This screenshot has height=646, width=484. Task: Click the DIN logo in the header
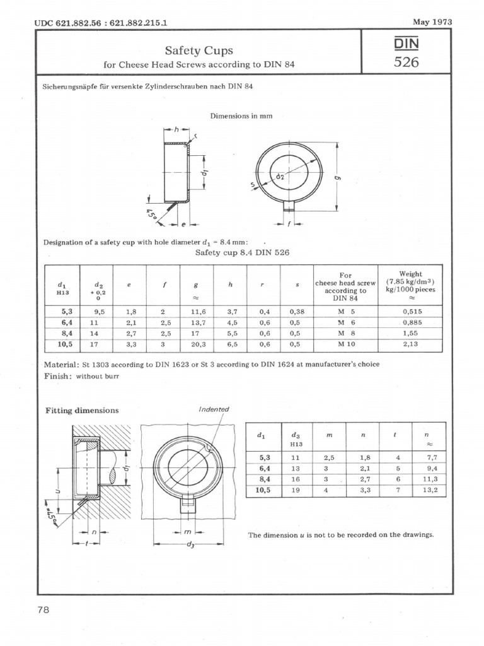point(406,44)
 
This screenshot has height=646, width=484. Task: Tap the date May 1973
point(432,22)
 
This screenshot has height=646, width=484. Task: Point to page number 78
point(43,609)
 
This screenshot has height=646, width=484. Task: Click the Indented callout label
point(214,409)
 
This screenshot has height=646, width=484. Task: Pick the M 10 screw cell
point(345,344)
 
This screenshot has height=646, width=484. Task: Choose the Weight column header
point(410,274)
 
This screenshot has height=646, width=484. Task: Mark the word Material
point(60,365)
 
